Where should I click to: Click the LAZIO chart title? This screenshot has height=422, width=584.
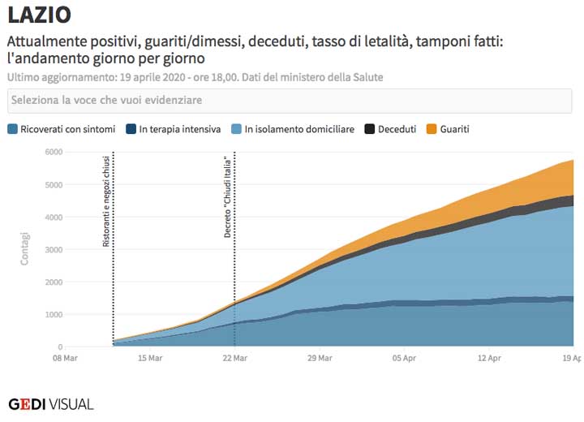coord(39,15)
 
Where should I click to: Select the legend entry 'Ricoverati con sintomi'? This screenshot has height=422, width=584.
coord(67,129)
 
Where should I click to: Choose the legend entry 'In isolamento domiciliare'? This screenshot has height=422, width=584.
coord(293,129)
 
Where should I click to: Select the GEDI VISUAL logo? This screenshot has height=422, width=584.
coord(50,403)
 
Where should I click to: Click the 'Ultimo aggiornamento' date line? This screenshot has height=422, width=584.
coord(195,77)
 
